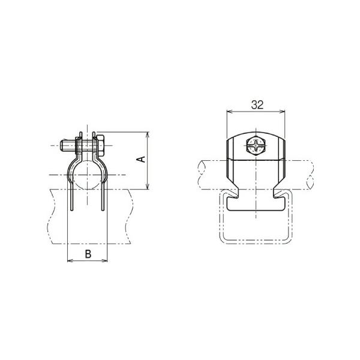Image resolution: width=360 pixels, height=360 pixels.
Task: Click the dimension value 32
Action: click(257, 105)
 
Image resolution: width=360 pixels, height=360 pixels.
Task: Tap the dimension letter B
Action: click(88, 254)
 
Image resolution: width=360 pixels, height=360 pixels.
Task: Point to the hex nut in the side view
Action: click(100, 145)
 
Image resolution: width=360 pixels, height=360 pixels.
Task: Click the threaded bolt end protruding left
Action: click(67, 146)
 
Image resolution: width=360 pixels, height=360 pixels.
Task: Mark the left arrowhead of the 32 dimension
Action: click(229, 112)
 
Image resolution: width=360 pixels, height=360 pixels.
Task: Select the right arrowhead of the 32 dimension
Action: click(283, 112)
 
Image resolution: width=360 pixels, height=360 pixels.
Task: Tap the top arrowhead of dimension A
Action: click(148, 134)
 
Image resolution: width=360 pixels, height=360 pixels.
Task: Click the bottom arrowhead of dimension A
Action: click(148, 187)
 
